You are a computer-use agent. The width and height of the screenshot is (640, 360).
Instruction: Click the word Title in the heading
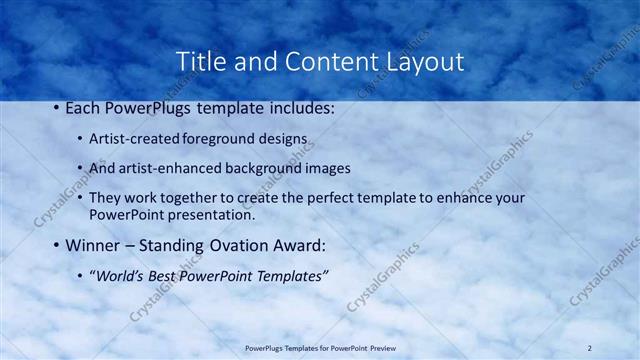199,61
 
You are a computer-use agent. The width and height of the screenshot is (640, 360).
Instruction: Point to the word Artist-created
135,137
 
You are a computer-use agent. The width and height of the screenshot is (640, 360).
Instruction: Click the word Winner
94,244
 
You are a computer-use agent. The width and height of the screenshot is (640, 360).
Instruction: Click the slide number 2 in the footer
589,347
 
